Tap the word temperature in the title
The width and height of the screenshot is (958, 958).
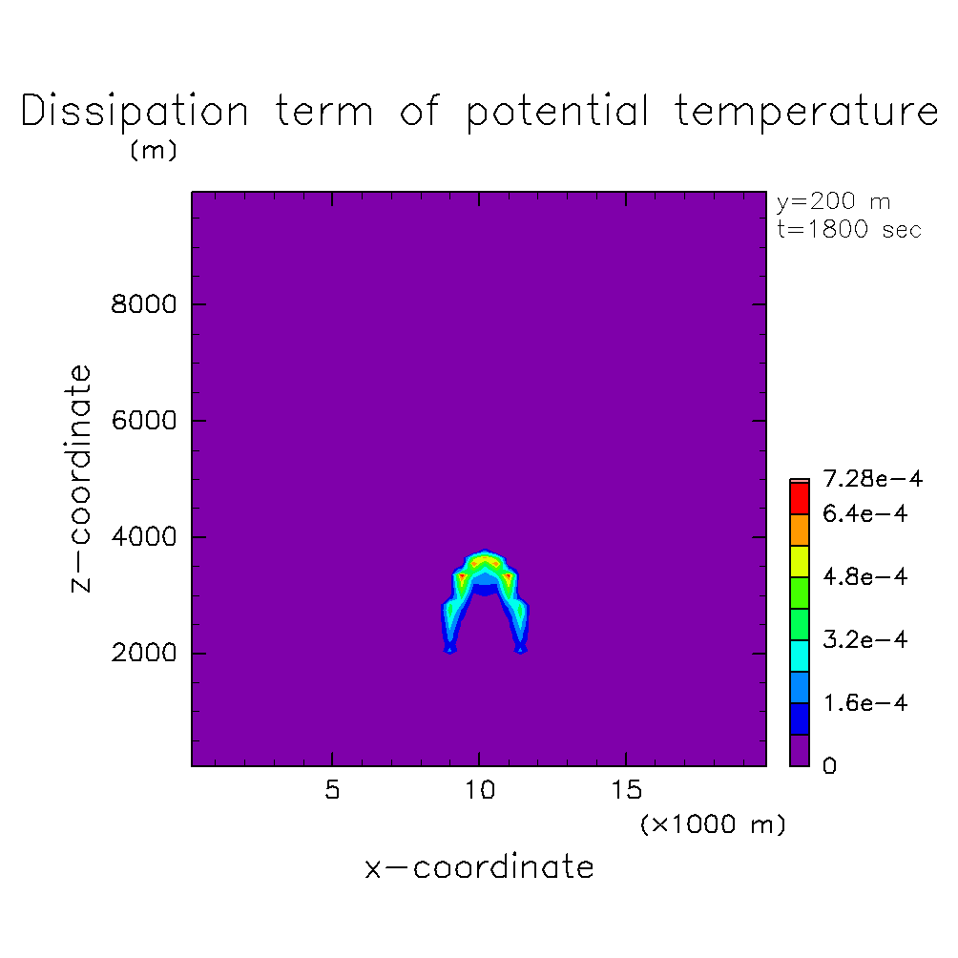(x=806, y=111)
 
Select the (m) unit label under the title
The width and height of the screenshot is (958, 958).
(x=154, y=150)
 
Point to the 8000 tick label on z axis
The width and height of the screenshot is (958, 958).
(x=143, y=303)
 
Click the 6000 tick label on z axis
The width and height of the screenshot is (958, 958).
(x=143, y=421)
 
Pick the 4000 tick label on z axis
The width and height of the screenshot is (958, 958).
(x=143, y=536)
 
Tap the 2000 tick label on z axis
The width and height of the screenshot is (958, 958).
(x=143, y=653)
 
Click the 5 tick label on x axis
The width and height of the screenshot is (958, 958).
(x=332, y=790)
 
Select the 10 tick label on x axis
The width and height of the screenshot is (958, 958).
(x=480, y=790)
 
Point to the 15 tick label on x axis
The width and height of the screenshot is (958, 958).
(x=627, y=790)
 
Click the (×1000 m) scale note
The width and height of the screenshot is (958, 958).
(x=713, y=824)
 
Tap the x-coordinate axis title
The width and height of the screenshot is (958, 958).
(x=479, y=867)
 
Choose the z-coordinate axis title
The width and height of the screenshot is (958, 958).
(x=80, y=478)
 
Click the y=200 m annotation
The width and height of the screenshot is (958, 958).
(x=833, y=201)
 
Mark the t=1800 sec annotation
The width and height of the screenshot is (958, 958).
(x=848, y=229)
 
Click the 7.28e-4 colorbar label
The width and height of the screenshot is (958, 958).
(x=872, y=478)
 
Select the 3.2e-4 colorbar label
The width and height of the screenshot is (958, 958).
(x=865, y=639)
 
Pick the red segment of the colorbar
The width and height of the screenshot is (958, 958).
(x=800, y=498)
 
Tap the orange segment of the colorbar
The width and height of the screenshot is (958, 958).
(x=800, y=531)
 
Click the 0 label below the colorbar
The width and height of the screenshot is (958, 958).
(x=829, y=765)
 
